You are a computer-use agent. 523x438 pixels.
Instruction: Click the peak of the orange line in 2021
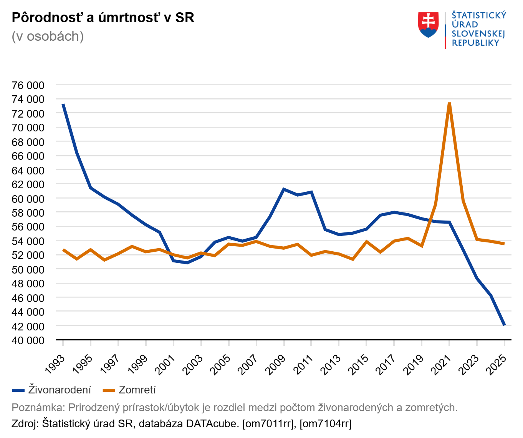click(449, 103)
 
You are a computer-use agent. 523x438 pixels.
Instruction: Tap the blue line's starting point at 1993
click(63, 104)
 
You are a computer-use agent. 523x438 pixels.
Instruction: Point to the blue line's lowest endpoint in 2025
click(504, 325)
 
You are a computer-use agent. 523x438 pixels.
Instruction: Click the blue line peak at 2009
click(284, 189)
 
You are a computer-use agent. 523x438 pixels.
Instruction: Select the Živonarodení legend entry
click(52, 390)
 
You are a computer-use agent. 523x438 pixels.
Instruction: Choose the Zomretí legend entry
click(129, 390)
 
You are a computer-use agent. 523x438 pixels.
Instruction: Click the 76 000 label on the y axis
click(28, 85)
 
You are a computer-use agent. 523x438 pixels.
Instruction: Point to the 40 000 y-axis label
click(28, 340)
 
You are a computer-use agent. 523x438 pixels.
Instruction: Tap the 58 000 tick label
click(28, 213)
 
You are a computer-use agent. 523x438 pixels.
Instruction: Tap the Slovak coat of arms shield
click(428, 25)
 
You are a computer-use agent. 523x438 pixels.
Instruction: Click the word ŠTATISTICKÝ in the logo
click(479, 15)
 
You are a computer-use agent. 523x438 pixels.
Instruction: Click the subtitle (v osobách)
click(48, 36)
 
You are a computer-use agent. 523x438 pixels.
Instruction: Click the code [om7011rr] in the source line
click(269, 423)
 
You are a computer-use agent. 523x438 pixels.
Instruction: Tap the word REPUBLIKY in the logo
click(475, 43)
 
